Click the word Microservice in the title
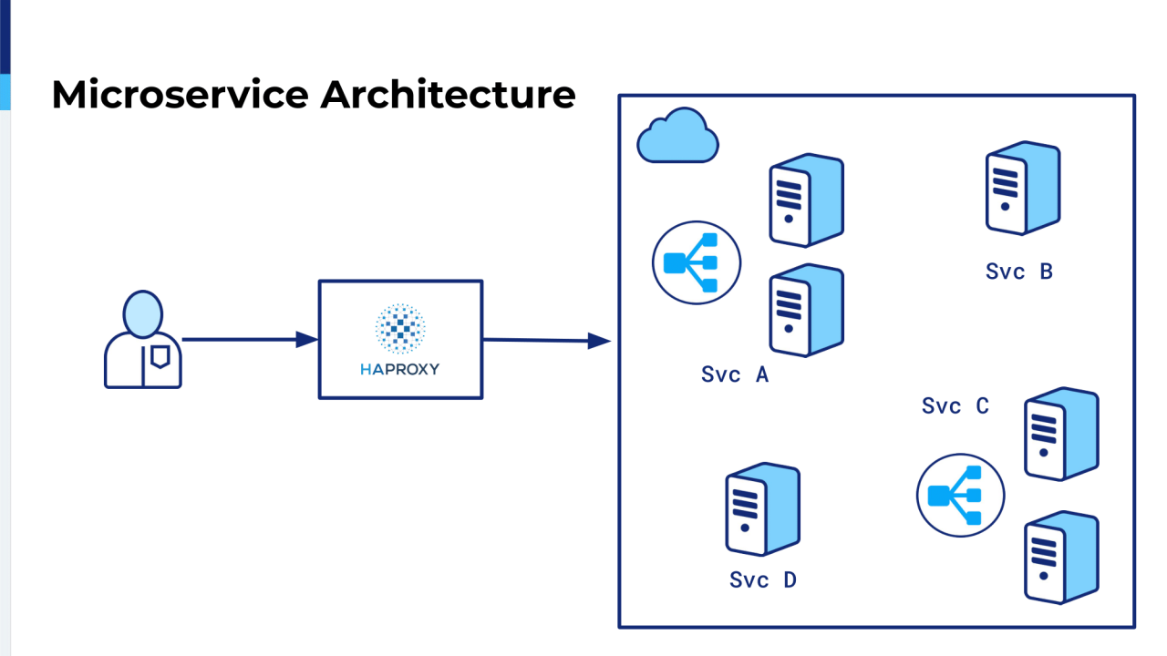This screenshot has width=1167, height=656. (180, 95)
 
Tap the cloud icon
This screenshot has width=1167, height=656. (676, 136)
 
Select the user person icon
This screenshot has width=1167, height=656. (143, 341)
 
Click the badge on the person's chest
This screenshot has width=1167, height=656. (160, 355)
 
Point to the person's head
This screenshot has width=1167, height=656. (143, 313)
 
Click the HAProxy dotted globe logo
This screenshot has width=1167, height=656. (400, 329)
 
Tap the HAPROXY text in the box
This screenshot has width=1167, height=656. (400, 369)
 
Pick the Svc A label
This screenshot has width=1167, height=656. (735, 374)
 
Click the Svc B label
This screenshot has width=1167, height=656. (1019, 271)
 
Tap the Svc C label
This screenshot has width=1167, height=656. (955, 406)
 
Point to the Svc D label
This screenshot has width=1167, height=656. (763, 580)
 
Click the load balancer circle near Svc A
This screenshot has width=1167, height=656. (697, 263)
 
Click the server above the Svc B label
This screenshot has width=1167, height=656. (1022, 189)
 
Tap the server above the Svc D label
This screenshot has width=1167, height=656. (762, 509)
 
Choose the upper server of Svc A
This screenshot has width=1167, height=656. (806, 200)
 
